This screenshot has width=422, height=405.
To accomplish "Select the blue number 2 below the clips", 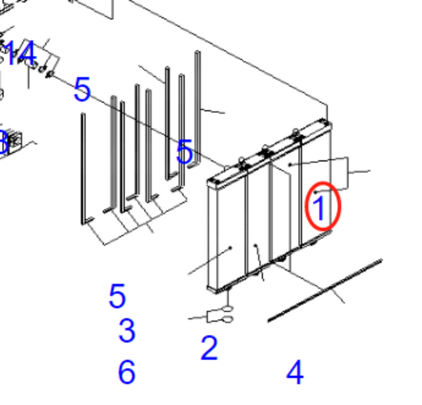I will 209,348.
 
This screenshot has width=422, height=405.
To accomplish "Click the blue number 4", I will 295,373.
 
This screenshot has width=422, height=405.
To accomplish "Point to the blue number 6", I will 127,373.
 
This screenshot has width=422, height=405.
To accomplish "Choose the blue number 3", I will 127,330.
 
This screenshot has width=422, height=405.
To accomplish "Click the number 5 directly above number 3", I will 117,297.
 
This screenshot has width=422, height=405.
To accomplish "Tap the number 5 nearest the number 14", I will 82,90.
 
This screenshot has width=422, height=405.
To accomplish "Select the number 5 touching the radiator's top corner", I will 185,152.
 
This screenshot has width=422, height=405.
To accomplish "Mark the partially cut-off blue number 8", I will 3,142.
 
